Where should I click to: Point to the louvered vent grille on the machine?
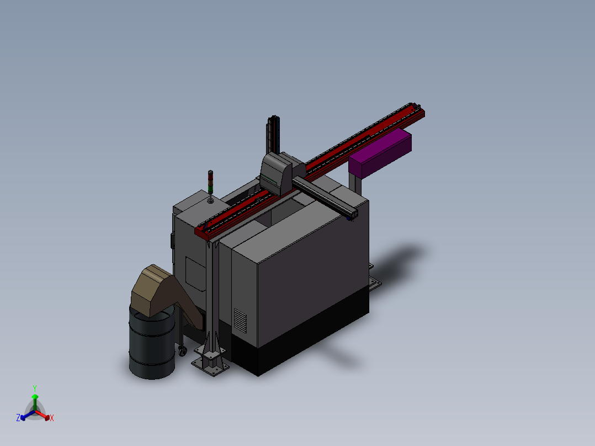coord(240,321)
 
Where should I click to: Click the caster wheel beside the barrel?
coord(182,351)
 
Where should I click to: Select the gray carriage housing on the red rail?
coord(281,173)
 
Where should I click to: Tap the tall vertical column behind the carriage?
coord(273,135)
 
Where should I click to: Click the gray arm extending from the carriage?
coord(325,198)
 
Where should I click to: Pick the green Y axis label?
coord(35,388)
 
